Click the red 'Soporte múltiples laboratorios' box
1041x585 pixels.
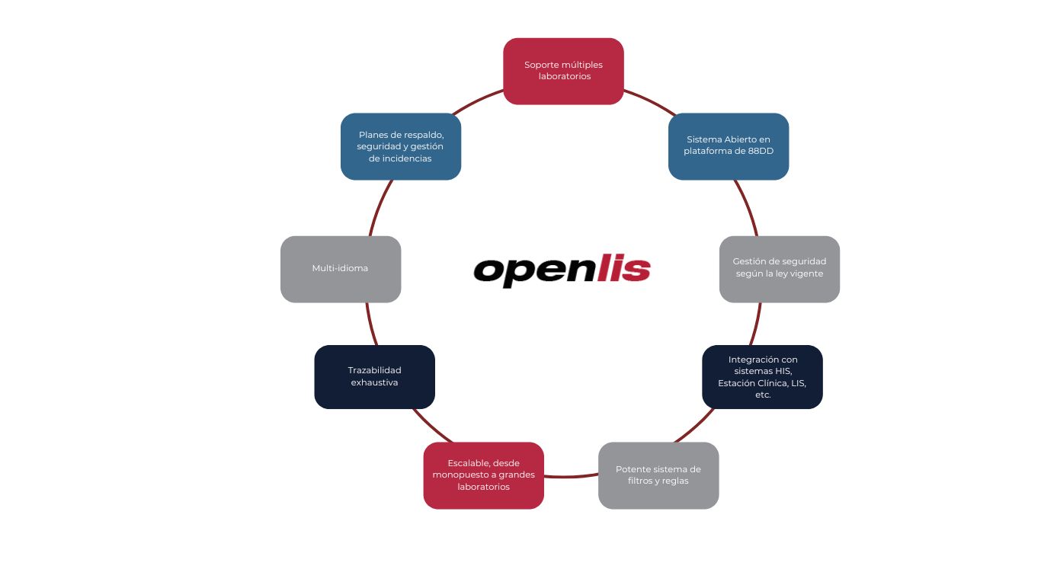click(x=563, y=71)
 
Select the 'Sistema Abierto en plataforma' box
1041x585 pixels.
click(x=729, y=146)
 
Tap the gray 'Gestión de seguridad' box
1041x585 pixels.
click(x=780, y=269)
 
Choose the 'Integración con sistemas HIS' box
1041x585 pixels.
click(x=762, y=377)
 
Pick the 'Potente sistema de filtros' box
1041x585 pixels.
click(x=658, y=475)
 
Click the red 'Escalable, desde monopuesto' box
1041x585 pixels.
click(x=483, y=475)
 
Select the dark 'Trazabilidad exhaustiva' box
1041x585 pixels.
click(x=375, y=377)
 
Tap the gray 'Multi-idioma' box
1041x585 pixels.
click(x=341, y=269)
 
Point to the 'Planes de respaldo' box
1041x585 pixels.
click(x=401, y=146)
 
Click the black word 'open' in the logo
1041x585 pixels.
click(x=534, y=272)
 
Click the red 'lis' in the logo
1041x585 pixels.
click(x=623, y=268)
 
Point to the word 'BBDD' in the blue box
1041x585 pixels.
click(x=761, y=151)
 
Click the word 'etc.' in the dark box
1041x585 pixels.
click(x=763, y=395)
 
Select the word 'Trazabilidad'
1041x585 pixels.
click(x=375, y=370)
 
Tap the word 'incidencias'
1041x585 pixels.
click(x=407, y=158)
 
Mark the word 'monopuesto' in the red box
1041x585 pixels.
click(x=458, y=475)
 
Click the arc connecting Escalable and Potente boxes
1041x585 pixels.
click(x=571, y=476)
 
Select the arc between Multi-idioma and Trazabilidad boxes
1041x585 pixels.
click(x=371, y=324)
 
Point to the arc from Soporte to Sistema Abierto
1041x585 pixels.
click(x=650, y=101)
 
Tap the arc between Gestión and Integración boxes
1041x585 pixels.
click(x=756, y=324)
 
